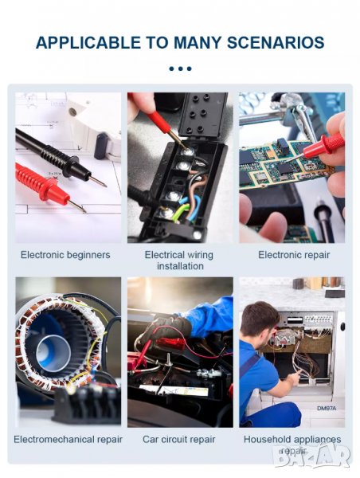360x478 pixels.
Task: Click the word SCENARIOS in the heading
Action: point(276,42)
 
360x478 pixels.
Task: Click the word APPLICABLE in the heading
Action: point(88,42)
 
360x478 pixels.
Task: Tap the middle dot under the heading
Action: point(180,69)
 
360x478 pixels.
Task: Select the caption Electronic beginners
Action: point(65,255)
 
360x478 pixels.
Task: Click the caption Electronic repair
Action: point(294,255)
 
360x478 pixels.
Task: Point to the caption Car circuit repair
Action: point(179,439)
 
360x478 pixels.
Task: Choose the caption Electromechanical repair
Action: point(68,439)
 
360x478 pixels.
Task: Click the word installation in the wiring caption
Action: point(180,266)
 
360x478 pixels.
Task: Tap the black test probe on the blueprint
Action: point(58,158)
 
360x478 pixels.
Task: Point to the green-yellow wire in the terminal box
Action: point(179,211)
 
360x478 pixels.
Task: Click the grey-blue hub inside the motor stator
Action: point(53,353)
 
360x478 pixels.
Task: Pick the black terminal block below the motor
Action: point(87,403)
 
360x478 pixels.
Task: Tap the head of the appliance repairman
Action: point(260,320)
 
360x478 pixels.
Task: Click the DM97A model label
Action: point(327,408)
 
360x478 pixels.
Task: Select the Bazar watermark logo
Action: point(311,455)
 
